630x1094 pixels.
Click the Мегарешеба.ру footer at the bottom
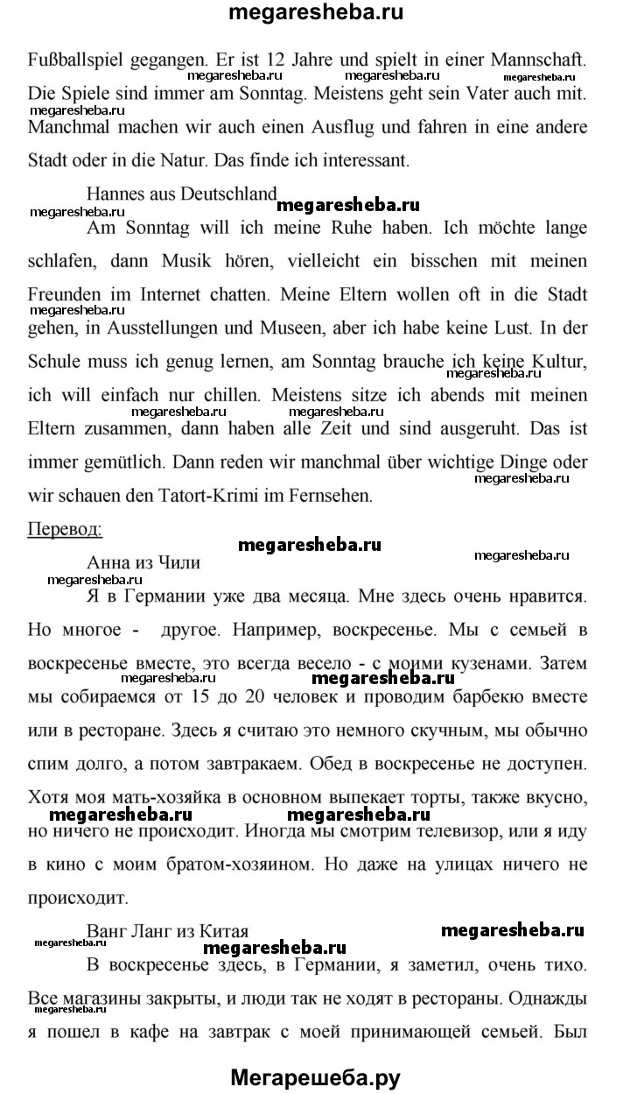click(x=315, y=1076)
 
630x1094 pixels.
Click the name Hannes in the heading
click(x=116, y=195)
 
